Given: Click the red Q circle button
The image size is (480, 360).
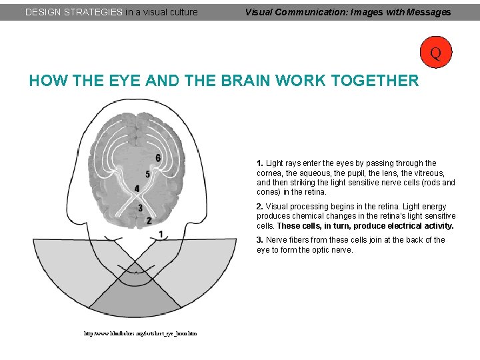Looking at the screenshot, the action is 435,52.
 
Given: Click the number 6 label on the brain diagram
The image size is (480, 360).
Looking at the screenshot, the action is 158,157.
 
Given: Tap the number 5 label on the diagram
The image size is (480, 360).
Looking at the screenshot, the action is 147,174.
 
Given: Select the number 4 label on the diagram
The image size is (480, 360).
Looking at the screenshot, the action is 137,189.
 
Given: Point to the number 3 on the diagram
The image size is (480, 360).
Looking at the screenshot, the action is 140,208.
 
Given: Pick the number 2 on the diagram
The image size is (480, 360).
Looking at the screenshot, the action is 149,220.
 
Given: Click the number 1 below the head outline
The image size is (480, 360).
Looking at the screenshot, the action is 161,234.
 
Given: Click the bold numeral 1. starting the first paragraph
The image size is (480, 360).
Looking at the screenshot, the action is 260,163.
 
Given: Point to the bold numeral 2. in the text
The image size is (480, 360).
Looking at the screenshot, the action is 260,207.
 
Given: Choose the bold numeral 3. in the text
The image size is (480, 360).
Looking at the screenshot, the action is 260,240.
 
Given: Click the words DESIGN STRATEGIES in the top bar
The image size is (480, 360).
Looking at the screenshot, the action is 73,12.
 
